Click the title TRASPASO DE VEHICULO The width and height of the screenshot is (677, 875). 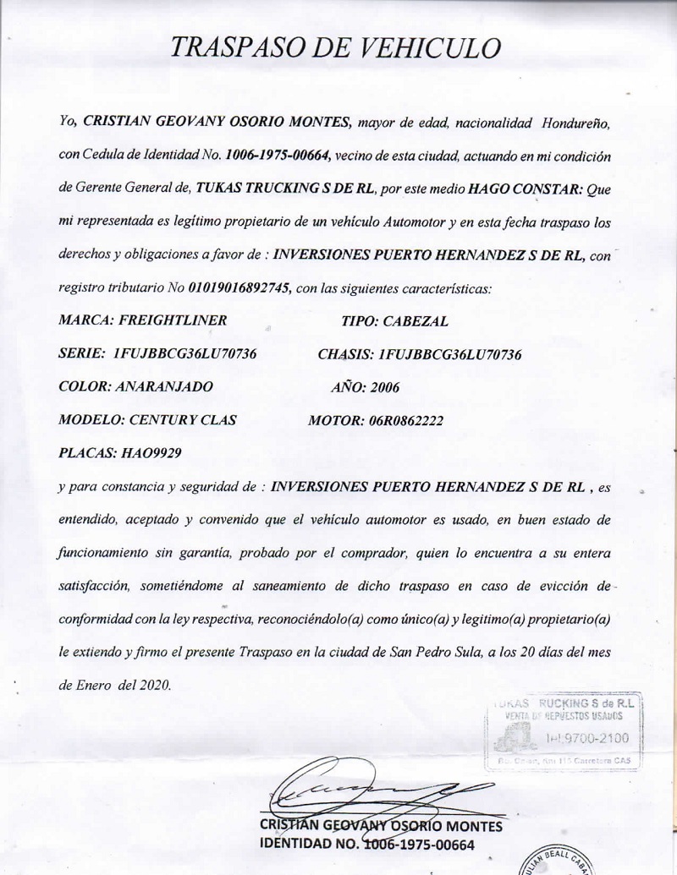[x=335, y=46]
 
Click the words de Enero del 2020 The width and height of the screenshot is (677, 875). [x=114, y=686]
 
